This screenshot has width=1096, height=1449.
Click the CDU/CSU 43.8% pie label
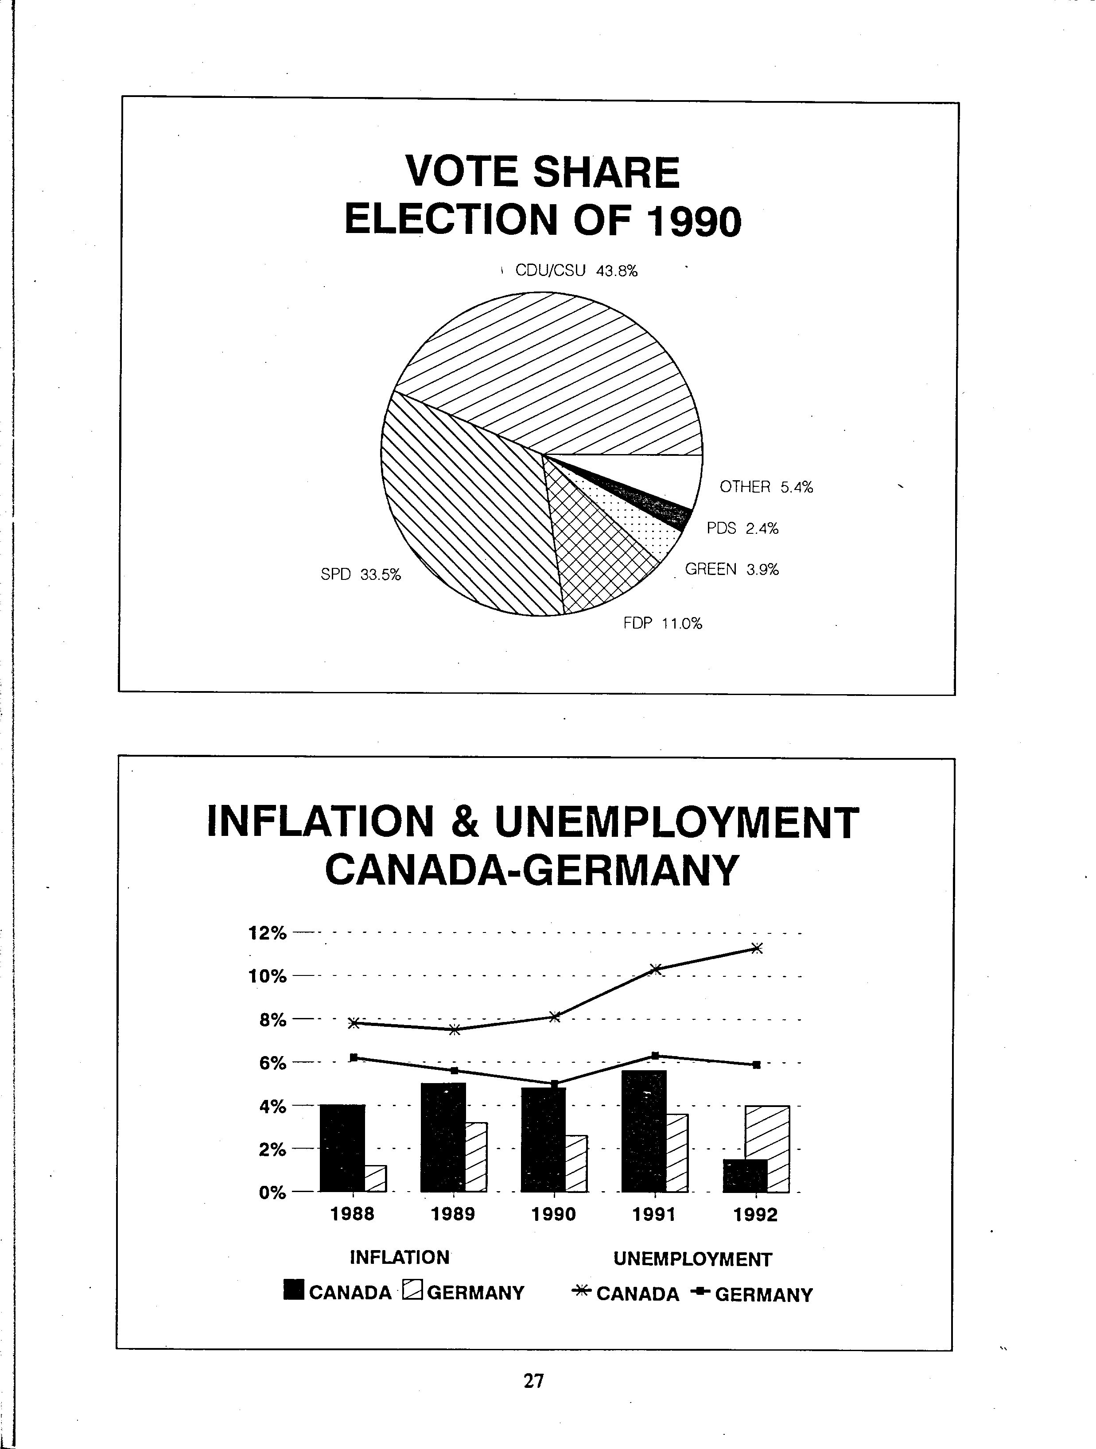coord(576,271)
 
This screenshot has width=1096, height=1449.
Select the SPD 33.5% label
coord(360,575)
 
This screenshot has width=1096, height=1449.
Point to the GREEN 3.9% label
coord(732,569)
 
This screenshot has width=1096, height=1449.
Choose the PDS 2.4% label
coord(742,528)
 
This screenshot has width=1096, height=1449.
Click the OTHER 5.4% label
coord(766,487)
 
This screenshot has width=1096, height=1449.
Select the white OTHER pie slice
coord(662,475)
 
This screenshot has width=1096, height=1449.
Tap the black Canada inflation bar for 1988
coord(342,1148)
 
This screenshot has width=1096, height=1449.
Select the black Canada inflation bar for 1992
coord(745,1175)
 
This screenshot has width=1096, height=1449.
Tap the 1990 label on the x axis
coord(554,1215)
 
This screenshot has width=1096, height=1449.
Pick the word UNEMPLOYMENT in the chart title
coord(677,822)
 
